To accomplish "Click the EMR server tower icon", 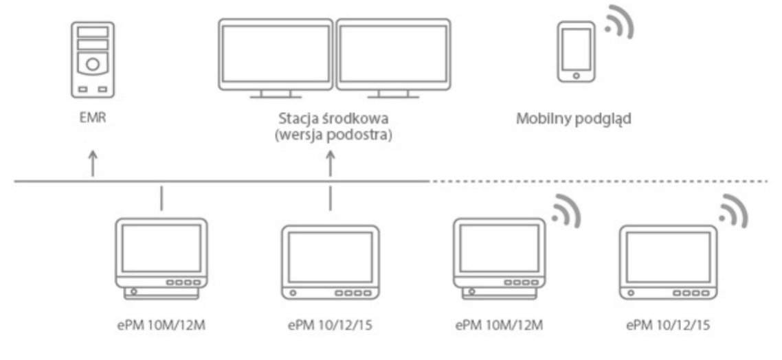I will [93, 58].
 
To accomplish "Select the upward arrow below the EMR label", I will [93, 164].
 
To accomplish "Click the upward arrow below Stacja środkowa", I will [331, 164].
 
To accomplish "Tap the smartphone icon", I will [576, 51].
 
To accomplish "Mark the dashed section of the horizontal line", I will [598, 181].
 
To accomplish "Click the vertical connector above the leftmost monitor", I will [161, 197].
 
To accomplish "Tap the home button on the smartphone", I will [576, 75].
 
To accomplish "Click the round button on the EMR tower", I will [93, 64].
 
